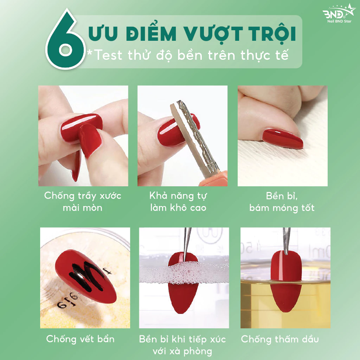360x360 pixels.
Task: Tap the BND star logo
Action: point(339,14)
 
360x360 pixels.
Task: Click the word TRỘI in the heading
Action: point(273,34)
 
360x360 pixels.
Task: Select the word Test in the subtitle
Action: point(108,55)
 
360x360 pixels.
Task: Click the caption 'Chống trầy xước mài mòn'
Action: point(83,201)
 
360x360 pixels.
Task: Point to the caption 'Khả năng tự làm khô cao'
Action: point(178,201)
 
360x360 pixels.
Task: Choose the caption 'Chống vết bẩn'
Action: point(81,339)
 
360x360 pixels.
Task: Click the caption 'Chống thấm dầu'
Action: point(280,339)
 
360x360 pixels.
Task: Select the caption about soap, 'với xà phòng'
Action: point(182,351)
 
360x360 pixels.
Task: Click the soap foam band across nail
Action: point(184,273)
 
